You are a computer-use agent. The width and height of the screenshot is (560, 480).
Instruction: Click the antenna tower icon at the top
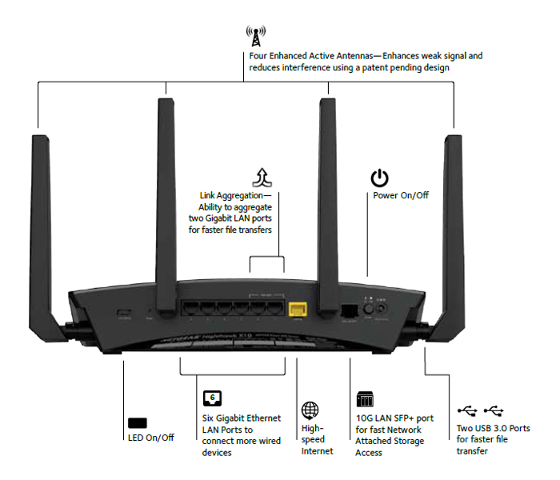[x=256, y=36]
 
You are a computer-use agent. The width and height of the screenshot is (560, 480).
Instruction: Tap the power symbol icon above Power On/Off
[x=379, y=178]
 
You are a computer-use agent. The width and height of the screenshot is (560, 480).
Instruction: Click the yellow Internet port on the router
[x=297, y=309]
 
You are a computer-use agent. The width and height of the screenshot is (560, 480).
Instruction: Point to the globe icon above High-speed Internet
[x=310, y=410]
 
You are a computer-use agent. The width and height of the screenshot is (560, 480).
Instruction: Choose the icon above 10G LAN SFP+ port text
[x=364, y=399]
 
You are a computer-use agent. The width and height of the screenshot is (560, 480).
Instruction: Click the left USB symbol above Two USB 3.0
[x=467, y=410]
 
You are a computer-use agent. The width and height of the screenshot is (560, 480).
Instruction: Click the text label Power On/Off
[x=401, y=195]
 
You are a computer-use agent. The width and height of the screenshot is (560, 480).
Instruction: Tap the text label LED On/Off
[x=150, y=438]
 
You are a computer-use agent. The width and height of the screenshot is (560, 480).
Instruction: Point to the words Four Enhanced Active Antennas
[x=312, y=56]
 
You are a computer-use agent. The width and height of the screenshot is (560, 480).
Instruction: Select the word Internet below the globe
[x=318, y=451]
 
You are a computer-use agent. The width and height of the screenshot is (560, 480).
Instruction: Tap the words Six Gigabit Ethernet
[x=241, y=418]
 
